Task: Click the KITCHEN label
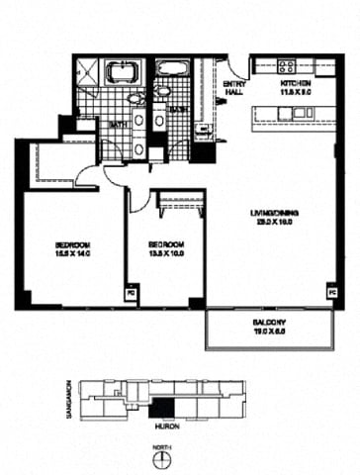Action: pyautogui.click(x=296, y=85)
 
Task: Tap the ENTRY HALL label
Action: pyautogui.click(x=234, y=88)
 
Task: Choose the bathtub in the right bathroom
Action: pyautogui.click(x=172, y=70)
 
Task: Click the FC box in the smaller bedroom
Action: pyautogui.click(x=129, y=293)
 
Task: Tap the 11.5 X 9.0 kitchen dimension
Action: pyautogui.click(x=296, y=94)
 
